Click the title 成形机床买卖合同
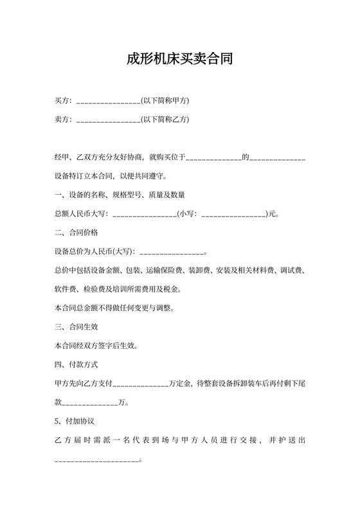pos(179,60)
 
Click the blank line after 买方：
pos(108,102)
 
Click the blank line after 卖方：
pos(108,120)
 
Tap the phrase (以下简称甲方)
pos(165,100)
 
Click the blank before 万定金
pos(141,384)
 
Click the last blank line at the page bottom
pos(97,460)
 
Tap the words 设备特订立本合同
pos(87,175)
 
